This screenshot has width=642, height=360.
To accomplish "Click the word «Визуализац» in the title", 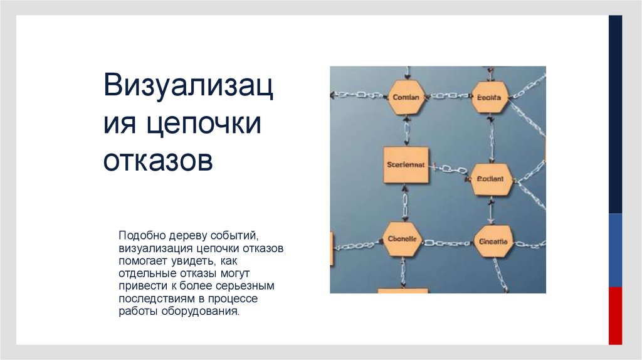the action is pos(188,86).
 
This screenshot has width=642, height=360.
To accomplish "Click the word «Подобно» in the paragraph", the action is pos(142,236).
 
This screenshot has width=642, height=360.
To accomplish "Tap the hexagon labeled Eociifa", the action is pos(489,97).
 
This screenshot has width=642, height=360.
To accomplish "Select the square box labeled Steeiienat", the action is pos(406,165).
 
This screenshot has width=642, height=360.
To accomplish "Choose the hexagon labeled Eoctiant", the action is pos(490,179).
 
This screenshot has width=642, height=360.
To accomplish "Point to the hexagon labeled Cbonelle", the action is pos(402,239).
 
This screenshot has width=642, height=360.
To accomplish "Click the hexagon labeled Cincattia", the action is pos(493,241).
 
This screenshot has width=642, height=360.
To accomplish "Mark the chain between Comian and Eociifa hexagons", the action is pos(449,96).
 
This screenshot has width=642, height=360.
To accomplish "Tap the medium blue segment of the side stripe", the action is pos(616,250).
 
